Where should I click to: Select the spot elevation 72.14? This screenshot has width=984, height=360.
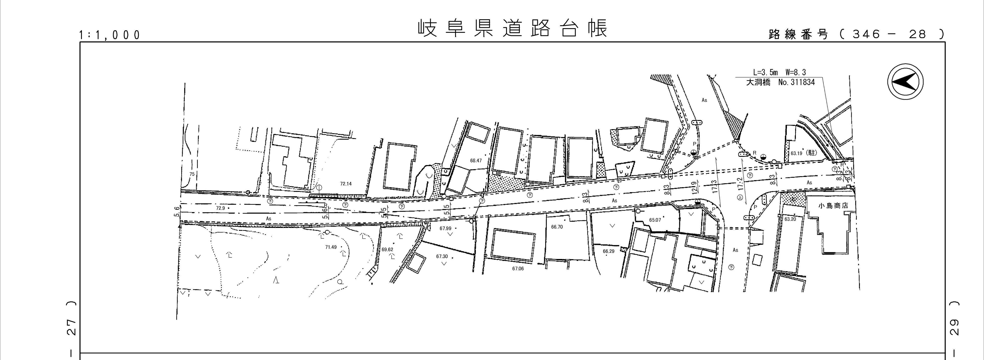click(x=346, y=184)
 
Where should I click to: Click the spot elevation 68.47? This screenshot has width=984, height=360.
click(x=476, y=161)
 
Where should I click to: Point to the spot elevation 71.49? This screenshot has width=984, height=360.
click(x=331, y=247)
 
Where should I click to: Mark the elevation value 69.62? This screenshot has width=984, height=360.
click(x=387, y=250)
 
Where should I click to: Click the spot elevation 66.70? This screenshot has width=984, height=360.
click(x=557, y=227)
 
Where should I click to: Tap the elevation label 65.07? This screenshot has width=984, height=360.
click(x=655, y=220)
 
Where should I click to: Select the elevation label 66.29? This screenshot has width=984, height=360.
click(x=609, y=251)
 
